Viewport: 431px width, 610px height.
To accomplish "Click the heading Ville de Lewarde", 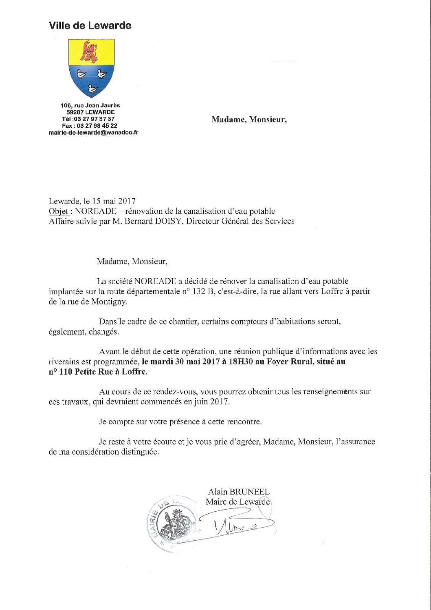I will (x=90, y=26).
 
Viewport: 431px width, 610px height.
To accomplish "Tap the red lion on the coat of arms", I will (x=89, y=53).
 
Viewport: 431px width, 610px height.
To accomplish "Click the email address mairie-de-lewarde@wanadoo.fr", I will (x=93, y=133).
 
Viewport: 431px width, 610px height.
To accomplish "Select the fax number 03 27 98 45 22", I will (x=100, y=126).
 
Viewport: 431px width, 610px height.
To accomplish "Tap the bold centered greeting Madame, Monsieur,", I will (x=249, y=120).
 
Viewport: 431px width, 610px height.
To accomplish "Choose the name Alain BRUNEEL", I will (x=238, y=492).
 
